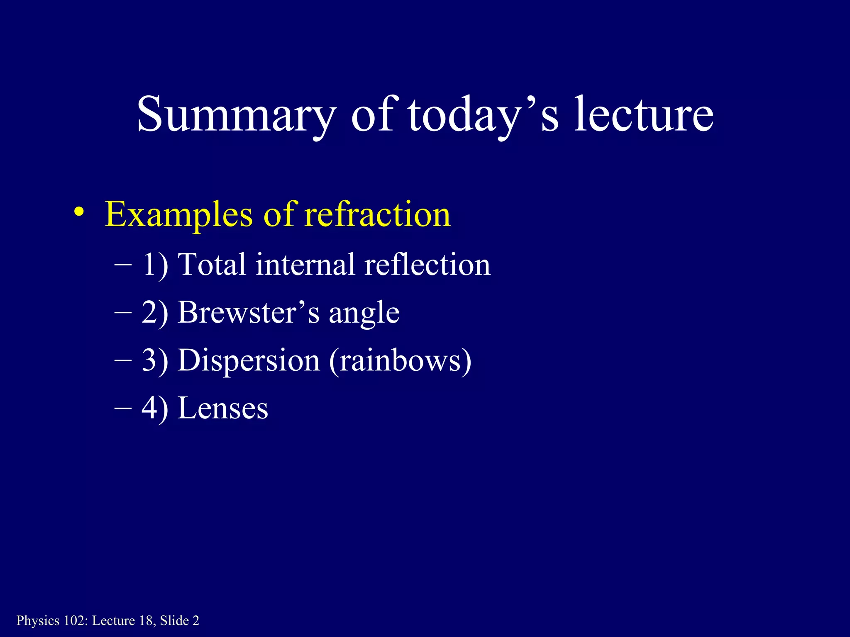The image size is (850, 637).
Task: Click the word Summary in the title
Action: [236, 114]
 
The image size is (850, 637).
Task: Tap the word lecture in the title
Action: [644, 114]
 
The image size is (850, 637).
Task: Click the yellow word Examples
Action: [178, 215]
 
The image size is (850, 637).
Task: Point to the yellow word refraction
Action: [377, 215]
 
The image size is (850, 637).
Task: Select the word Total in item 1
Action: [212, 264]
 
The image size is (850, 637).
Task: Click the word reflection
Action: [427, 264]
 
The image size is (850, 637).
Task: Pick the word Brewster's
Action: [249, 312]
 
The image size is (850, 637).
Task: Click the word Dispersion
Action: [249, 360]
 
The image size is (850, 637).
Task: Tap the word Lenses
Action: [223, 408]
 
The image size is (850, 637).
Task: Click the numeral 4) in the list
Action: [155, 409]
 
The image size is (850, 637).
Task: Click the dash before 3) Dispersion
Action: [123, 360]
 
